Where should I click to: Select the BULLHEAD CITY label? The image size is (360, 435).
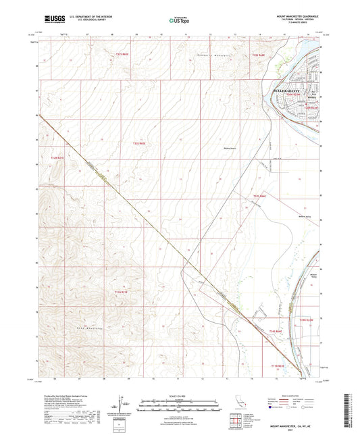[289, 91]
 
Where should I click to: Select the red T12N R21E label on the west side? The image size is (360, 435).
[59, 158]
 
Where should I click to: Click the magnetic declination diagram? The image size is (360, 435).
[122, 404]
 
